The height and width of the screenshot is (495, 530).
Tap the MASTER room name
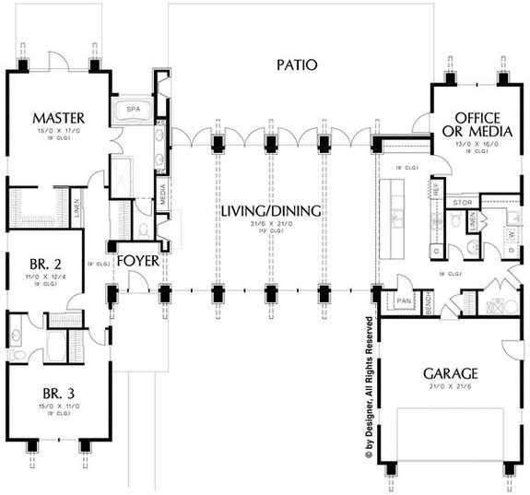(58, 118)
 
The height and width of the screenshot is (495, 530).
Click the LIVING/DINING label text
(271, 211)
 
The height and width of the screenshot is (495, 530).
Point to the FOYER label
(137, 261)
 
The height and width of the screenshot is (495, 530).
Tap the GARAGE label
(450, 373)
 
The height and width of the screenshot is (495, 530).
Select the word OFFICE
(477, 118)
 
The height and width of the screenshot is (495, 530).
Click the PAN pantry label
(403, 301)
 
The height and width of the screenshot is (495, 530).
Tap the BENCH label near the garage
(429, 304)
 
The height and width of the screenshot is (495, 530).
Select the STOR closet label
(461, 202)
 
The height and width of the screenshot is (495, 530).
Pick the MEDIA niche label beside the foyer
(162, 196)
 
